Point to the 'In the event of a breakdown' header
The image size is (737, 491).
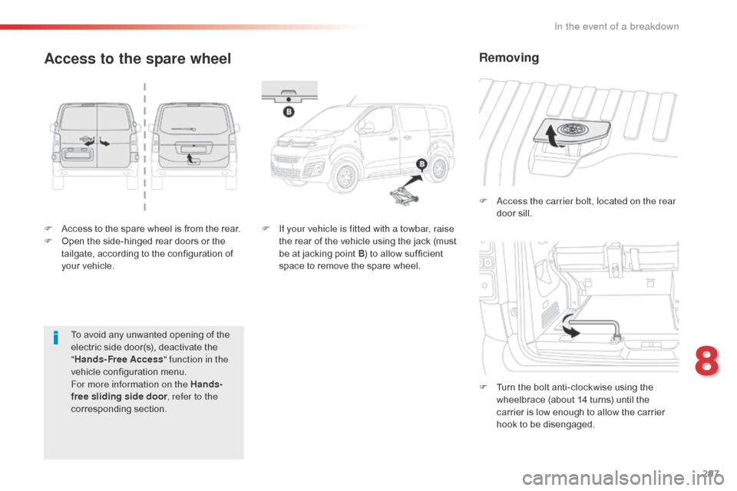(616, 26)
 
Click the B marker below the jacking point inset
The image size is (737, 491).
(289, 112)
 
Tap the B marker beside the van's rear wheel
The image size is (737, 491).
(421, 165)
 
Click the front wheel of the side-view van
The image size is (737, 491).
(338, 180)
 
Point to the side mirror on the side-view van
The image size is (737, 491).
(368, 127)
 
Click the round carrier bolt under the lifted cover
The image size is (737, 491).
(570, 130)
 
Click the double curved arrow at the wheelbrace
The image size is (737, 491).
(570, 329)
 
